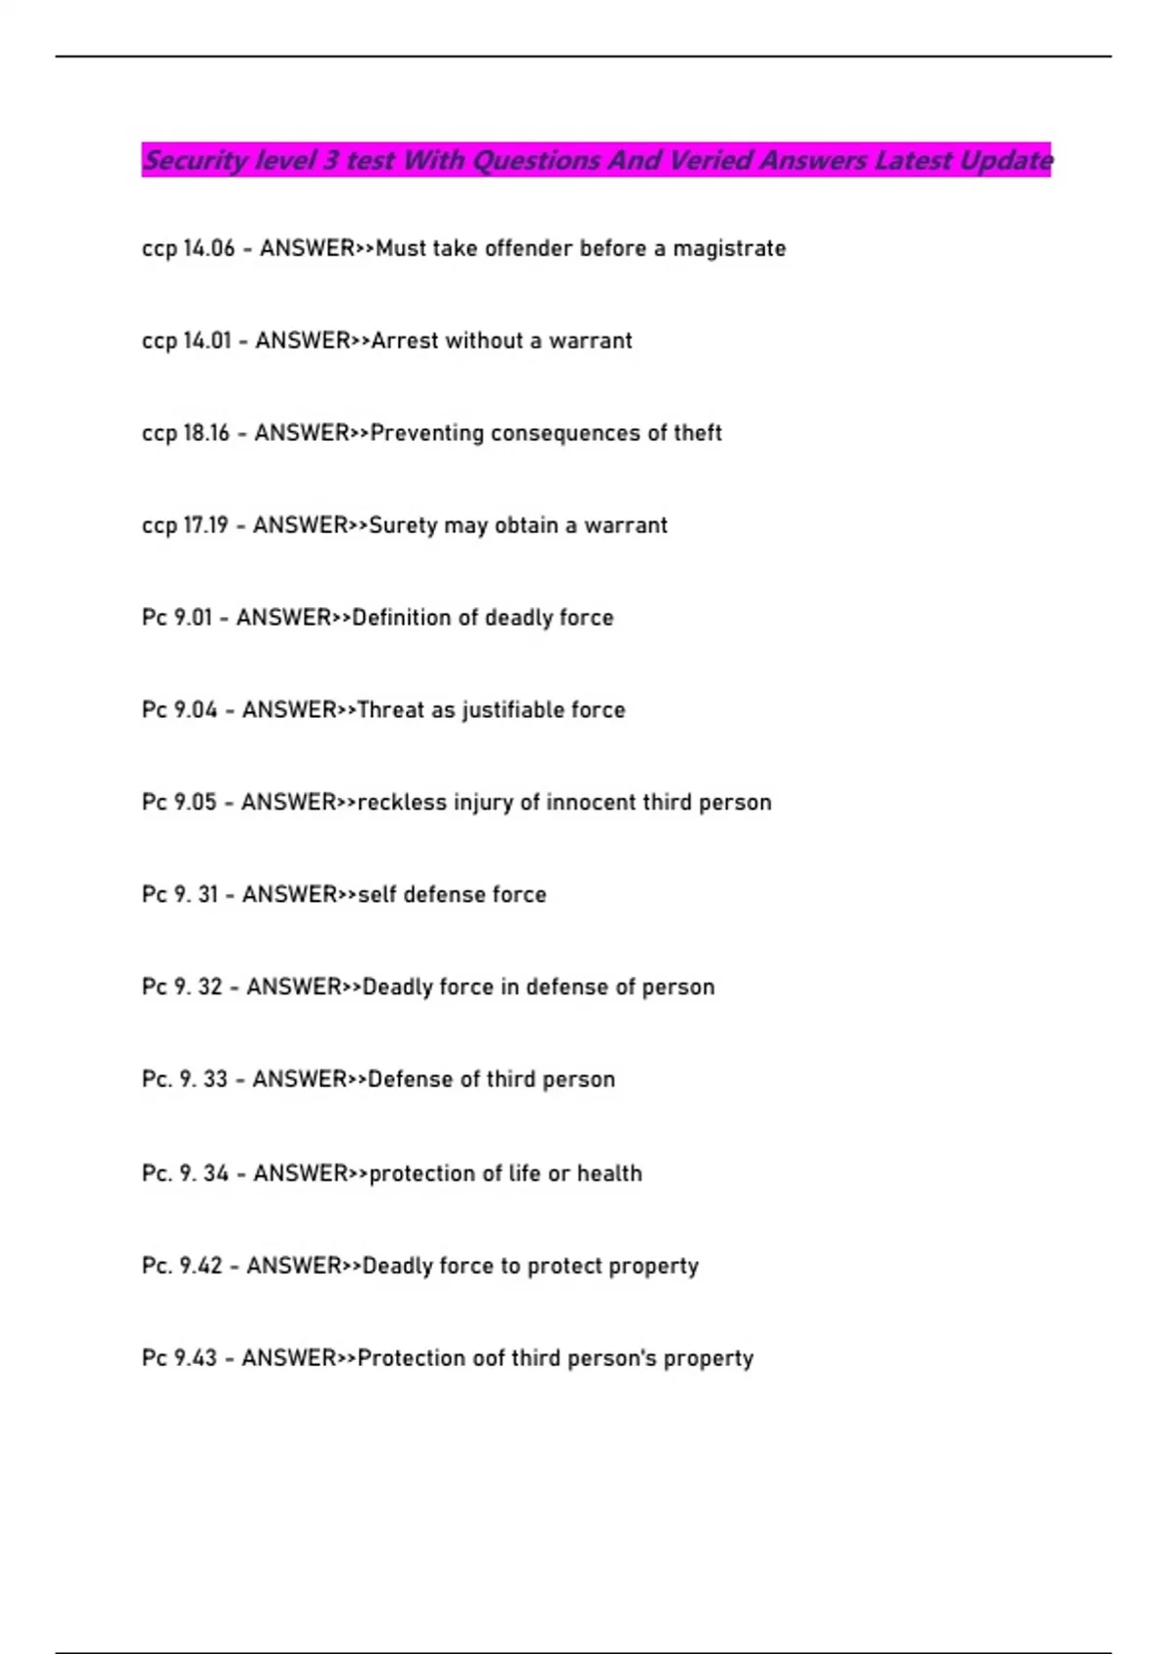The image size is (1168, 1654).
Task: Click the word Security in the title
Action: point(195,161)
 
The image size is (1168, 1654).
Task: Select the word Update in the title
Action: point(1005,161)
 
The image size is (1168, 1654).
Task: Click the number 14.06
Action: point(208,249)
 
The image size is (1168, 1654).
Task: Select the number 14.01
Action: point(206,342)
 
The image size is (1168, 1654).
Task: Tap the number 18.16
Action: point(206,434)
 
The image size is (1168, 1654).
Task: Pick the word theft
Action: point(698,434)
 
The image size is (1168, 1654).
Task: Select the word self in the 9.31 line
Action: point(377,895)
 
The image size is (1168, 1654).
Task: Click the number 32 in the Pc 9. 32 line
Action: point(210,988)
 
